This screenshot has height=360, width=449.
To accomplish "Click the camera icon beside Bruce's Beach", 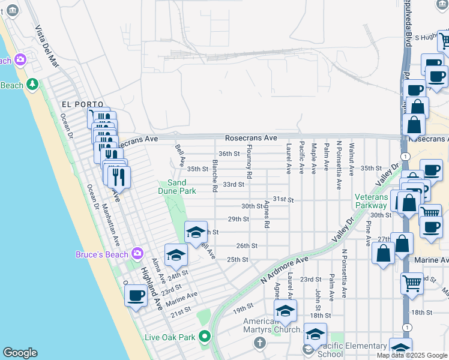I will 137,254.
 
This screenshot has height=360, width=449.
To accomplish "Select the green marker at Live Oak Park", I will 205,337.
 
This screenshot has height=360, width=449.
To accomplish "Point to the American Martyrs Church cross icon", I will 259,343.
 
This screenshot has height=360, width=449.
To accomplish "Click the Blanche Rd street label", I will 214,175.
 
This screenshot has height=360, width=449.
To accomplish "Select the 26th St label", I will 246,245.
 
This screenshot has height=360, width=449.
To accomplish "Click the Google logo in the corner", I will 20,353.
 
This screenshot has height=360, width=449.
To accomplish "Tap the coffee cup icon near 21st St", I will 136,296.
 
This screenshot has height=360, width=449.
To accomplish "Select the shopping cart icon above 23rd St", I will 412,282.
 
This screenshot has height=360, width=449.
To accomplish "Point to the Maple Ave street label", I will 313,158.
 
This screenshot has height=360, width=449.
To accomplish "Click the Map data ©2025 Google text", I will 411,355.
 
